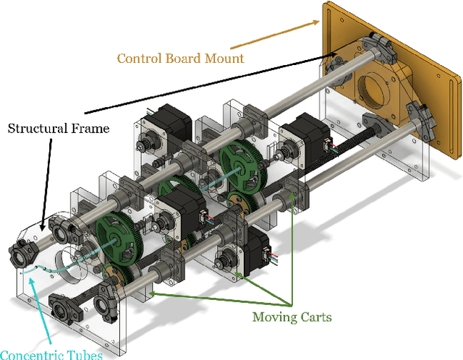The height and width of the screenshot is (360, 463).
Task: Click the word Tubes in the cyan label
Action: click(x=86, y=354)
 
